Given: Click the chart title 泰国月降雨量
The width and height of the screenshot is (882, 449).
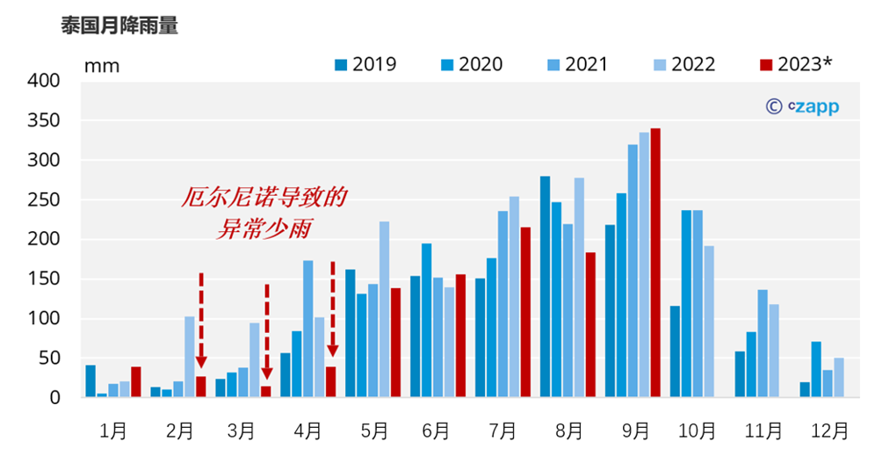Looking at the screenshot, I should pyautogui.click(x=119, y=25).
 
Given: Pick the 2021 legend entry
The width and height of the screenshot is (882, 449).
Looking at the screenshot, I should pyautogui.click(x=576, y=64).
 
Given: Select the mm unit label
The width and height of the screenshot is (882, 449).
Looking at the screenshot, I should pyautogui.click(x=102, y=66).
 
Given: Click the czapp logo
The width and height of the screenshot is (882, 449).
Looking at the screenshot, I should pyautogui.click(x=802, y=106).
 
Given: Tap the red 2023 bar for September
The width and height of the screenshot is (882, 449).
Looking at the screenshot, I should pyautogui.click(x=655, y=263).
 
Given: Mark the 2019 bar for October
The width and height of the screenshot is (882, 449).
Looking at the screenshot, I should pyautogui.click(x=675, y=351).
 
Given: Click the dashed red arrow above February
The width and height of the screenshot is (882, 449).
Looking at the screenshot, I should pyautogui.click(x=201, y=321).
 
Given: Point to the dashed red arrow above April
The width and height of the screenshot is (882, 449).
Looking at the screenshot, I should pyautogui.click(x=332, y=308).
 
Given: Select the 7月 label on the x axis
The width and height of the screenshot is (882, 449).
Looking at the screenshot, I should pyautogui.click(x=503, y=431).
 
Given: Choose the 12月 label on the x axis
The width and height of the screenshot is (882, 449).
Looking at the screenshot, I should pyautogui.click(x=829, y=431).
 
